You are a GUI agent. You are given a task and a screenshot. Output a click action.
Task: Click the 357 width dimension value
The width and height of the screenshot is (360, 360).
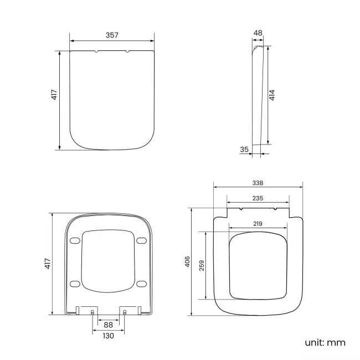(112, 35)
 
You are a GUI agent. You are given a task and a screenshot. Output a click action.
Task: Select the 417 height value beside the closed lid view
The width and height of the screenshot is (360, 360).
(54, 95)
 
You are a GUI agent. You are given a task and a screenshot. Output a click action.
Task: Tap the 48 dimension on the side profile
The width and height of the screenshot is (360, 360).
(258, 33)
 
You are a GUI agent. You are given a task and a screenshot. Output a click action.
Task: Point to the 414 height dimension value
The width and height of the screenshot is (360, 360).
(272, 95)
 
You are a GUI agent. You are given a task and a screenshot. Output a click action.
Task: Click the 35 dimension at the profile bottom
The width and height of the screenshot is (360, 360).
(244, 149)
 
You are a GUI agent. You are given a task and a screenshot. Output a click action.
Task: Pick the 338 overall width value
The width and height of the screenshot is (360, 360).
(258, 182)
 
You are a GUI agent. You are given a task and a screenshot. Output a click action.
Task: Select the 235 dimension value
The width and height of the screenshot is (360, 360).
(258, 198)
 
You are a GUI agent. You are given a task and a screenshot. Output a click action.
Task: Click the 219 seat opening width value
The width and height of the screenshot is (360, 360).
(258, 223)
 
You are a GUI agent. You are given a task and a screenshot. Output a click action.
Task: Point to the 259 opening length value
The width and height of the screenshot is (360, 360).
(203, 265)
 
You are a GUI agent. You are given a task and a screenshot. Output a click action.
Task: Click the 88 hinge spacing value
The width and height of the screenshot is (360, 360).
(108, 325)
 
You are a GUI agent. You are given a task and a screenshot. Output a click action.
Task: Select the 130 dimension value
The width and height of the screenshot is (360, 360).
(108, 336)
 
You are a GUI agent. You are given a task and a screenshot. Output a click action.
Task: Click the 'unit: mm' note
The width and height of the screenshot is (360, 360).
(325, 342)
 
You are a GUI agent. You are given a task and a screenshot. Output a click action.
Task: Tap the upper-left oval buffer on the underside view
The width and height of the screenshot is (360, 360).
(75, 240)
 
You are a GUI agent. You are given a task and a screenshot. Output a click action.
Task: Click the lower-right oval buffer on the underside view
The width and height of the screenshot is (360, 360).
(141, 284)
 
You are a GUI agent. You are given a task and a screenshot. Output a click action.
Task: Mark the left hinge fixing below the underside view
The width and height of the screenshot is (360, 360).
(92, 312)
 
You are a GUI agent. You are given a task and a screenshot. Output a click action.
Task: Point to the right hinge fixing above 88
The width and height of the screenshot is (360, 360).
(125, 312)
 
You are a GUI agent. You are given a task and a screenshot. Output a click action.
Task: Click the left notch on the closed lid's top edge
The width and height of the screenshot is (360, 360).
(97, 52)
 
